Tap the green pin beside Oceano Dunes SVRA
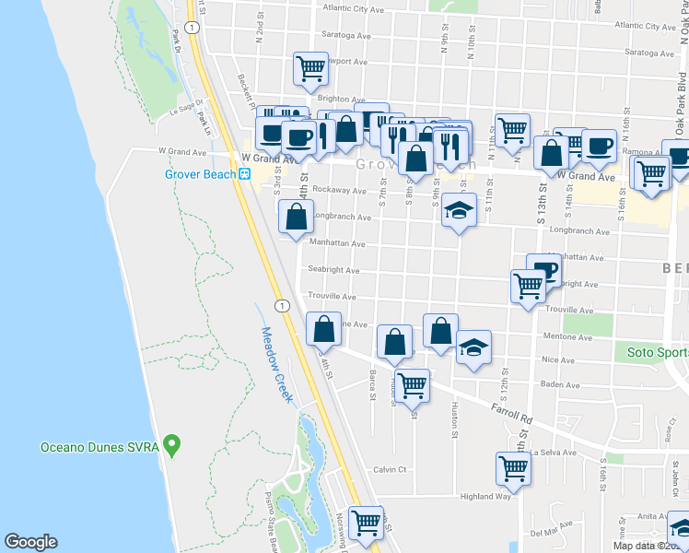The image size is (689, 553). coord(171,448)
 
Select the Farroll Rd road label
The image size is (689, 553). coord(512,412)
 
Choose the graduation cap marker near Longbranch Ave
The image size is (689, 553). coord(459,211)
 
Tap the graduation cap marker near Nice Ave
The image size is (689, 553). coord(473,348)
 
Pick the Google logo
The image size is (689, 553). coord(30,542)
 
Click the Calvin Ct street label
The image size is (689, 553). coord(390,469)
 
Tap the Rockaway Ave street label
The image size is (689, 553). coord(339,190)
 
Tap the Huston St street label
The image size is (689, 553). coord(454,417)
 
